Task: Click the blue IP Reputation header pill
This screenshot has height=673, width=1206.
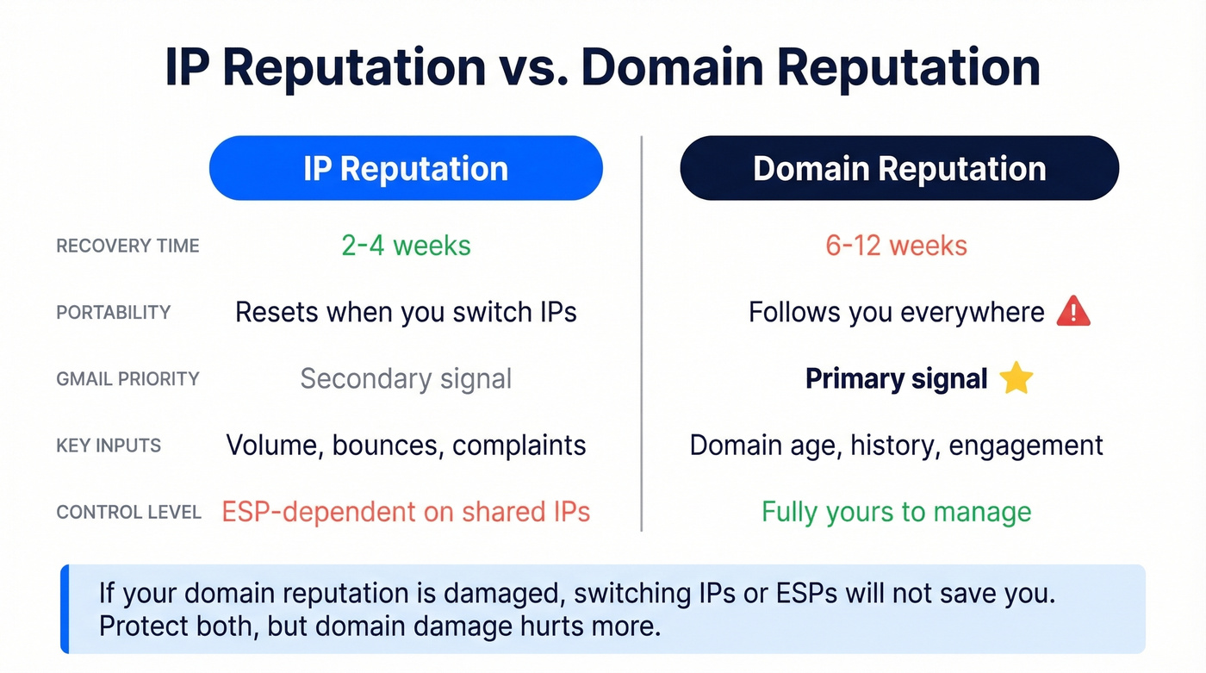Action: click(406, 168)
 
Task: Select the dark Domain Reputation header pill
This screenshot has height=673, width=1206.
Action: click(899, 168)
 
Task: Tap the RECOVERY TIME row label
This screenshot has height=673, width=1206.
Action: click(127, 246)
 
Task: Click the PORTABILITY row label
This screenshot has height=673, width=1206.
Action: click(114, 312)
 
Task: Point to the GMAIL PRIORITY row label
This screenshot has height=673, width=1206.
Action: click(127, 379)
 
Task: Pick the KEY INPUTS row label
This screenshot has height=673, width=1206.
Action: click(109, 446)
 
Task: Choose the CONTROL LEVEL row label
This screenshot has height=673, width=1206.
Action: click(128, 513)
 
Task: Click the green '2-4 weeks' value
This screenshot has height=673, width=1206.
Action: click(406, 246)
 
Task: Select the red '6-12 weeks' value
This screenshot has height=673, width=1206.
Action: click(896, 246)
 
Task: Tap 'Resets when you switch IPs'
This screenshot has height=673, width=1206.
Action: click(406, 312)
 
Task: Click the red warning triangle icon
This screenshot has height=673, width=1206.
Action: click(1073, 311)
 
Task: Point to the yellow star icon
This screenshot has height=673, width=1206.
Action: click(1016, 379)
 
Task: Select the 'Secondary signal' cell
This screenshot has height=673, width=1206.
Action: click(406, 379)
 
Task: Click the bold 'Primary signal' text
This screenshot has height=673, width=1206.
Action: click(896, 379)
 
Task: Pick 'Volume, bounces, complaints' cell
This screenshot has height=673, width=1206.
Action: click(406, 446)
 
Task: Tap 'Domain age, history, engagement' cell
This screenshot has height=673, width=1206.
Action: click(896, 446)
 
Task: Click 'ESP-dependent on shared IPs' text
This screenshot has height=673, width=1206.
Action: click(406, 512)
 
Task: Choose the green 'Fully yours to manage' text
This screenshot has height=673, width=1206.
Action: click(896, 512)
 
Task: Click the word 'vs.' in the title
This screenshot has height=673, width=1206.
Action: click(533, 68)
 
